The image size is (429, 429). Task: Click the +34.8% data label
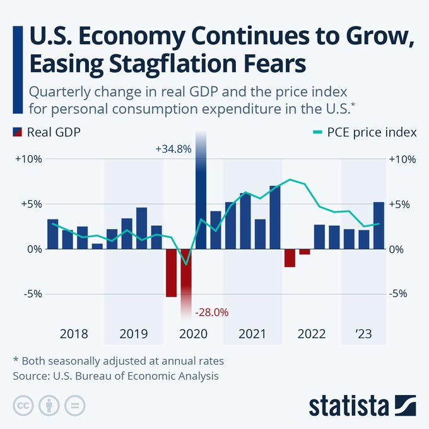[x=173, y=150]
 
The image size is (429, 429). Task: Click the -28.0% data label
[x=211, y=312]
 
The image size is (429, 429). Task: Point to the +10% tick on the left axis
[x=28, y=159]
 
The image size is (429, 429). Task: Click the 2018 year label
[x=74, y=333]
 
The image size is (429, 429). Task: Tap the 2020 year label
[x=192, y=333]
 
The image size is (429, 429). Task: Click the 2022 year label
[x=311, y=333]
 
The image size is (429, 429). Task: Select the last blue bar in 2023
[x=379, y=225]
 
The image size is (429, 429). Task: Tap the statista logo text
[x=348, y=405]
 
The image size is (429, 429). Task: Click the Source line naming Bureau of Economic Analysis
[x=115, y=376]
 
